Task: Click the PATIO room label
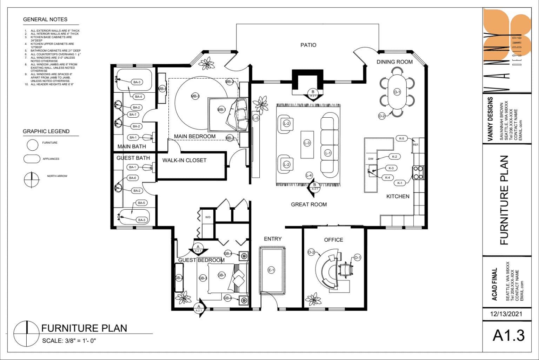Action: click(308, 45)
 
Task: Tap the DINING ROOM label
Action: click(394, 62)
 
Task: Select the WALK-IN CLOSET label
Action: click(184, 160)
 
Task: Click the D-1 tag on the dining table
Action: click(397, 92)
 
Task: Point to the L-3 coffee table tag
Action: click(307, 143)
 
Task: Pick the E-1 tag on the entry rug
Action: click(271, 270)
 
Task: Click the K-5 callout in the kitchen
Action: click(401, 138)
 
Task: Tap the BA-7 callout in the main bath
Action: click(133, 114)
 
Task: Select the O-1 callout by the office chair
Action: click(357, 257)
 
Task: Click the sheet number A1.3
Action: click(508, 335)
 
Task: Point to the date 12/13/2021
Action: click(506, 314)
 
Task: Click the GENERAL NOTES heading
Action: click(45, 20)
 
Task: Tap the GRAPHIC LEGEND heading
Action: click(46, 131)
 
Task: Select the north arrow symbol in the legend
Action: click(32, 180)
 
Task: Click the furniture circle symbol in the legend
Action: click(32, 145)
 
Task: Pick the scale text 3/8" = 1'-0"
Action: click(69, 341)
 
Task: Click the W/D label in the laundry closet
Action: click(208, 217)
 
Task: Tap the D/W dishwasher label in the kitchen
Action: click(371, 159)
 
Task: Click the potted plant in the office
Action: click(313, 300)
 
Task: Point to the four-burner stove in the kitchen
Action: click(418, 172)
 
